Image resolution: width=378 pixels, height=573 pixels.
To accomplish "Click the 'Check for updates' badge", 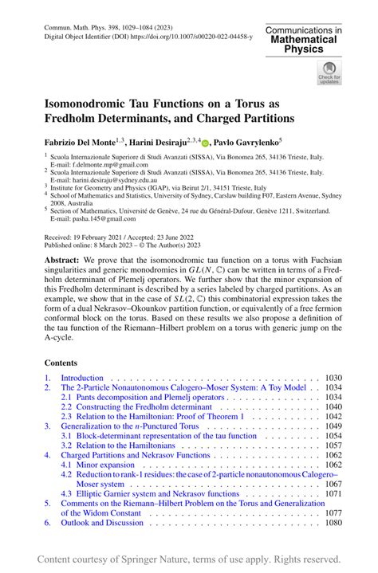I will tap(329, 73).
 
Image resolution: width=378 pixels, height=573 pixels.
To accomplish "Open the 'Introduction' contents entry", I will tap(82, 377).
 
